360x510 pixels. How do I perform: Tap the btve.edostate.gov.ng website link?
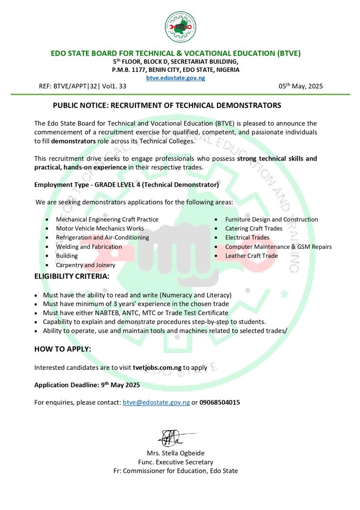click(x=176, y=78)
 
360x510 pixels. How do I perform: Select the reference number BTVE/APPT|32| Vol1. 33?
click(x=83, y=86)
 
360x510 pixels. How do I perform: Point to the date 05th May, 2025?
click(x=301, y=86)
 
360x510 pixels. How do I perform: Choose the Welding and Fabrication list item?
click(x=89, y=246)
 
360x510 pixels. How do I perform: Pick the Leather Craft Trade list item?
click(x=251, y=255)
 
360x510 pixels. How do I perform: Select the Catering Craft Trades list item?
click(x=254, y=229)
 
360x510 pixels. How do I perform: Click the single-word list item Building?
click(x=67, y=255)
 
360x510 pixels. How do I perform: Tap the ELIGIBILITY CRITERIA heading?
click(x=72, y=276)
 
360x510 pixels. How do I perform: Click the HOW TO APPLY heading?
click(x=63, y=349)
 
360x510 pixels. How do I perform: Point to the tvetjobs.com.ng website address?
click(x=157, y=367)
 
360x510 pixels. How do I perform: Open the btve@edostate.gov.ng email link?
click(x=156, y=403)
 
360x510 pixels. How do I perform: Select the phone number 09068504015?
click(x=219, y=403)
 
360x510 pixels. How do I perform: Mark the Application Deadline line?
click(x=87, y=385)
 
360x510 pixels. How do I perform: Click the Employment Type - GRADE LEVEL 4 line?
click(x=126, y=185)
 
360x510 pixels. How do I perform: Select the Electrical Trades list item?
click(x=247, y=238)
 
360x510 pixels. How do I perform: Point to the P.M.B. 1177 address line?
click(x=176, y=69)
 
